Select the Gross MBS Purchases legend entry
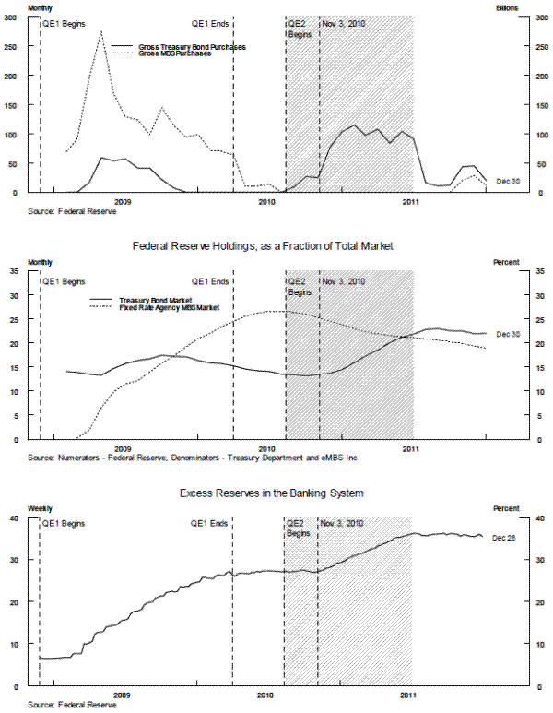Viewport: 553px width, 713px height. click(175, 53)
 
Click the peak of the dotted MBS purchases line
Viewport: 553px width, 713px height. click(100, 31)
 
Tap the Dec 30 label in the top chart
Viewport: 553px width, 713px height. click(509, 182)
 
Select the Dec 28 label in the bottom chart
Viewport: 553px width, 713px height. click(504, 537)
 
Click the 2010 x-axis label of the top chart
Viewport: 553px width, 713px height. click(267, 201)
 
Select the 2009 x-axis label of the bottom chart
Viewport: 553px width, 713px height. click(122, 695)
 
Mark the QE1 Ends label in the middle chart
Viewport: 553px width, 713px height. click(209, 281)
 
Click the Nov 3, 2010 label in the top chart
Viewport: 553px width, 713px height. click(344, 22)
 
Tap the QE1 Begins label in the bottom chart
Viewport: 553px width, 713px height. click(65, 523)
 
